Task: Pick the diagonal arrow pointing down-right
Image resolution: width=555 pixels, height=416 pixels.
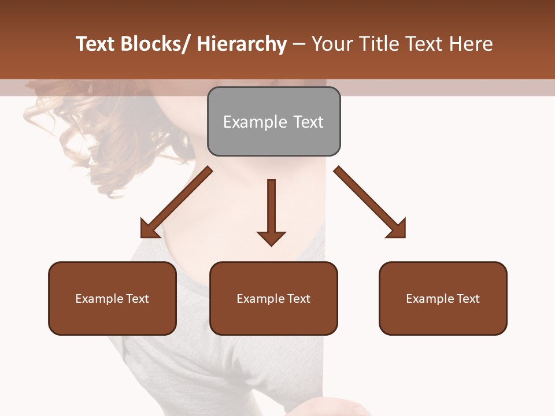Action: [x=371, y=203]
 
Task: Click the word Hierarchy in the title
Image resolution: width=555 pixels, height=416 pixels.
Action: [x=242, y=44]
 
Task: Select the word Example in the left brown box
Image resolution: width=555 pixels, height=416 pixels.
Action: [x=99, y=299]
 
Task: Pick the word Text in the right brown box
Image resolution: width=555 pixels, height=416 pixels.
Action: [x=468, y=299]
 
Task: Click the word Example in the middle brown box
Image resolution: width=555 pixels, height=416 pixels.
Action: [x=260, y=299]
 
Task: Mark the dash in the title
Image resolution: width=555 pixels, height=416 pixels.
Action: [x=299, y=44]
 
